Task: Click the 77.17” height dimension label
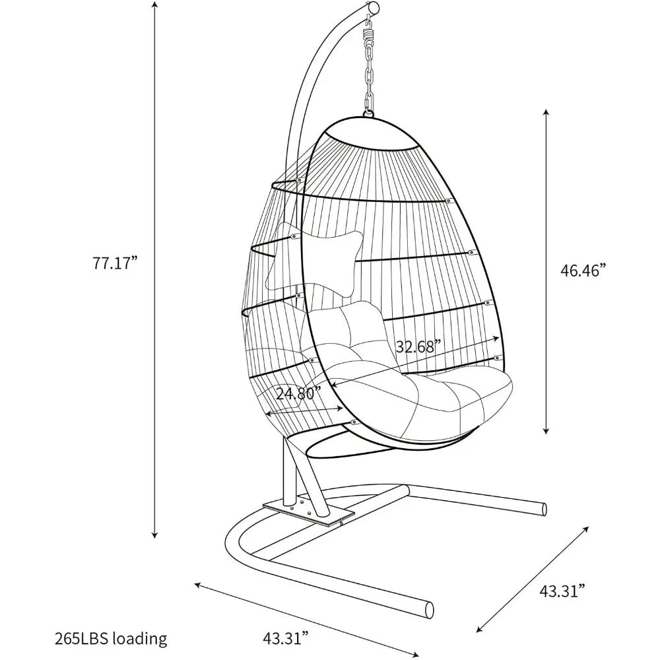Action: click(x=115, y=264)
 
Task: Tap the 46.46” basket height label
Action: click(x=585, y=270)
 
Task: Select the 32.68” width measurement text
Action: click(x=419, y=346)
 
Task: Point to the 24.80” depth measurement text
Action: click(x=299, y=394)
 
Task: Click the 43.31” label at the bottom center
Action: click(x=286, y=638)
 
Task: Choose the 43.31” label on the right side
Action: click(x=563, y=591)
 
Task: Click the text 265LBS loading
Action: click(x=111, y=638)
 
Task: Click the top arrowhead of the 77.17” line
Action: click(x=155, y=5)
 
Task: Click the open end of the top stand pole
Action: click(x=373, y=7)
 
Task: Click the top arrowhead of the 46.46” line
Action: click(x=546, y=112)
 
